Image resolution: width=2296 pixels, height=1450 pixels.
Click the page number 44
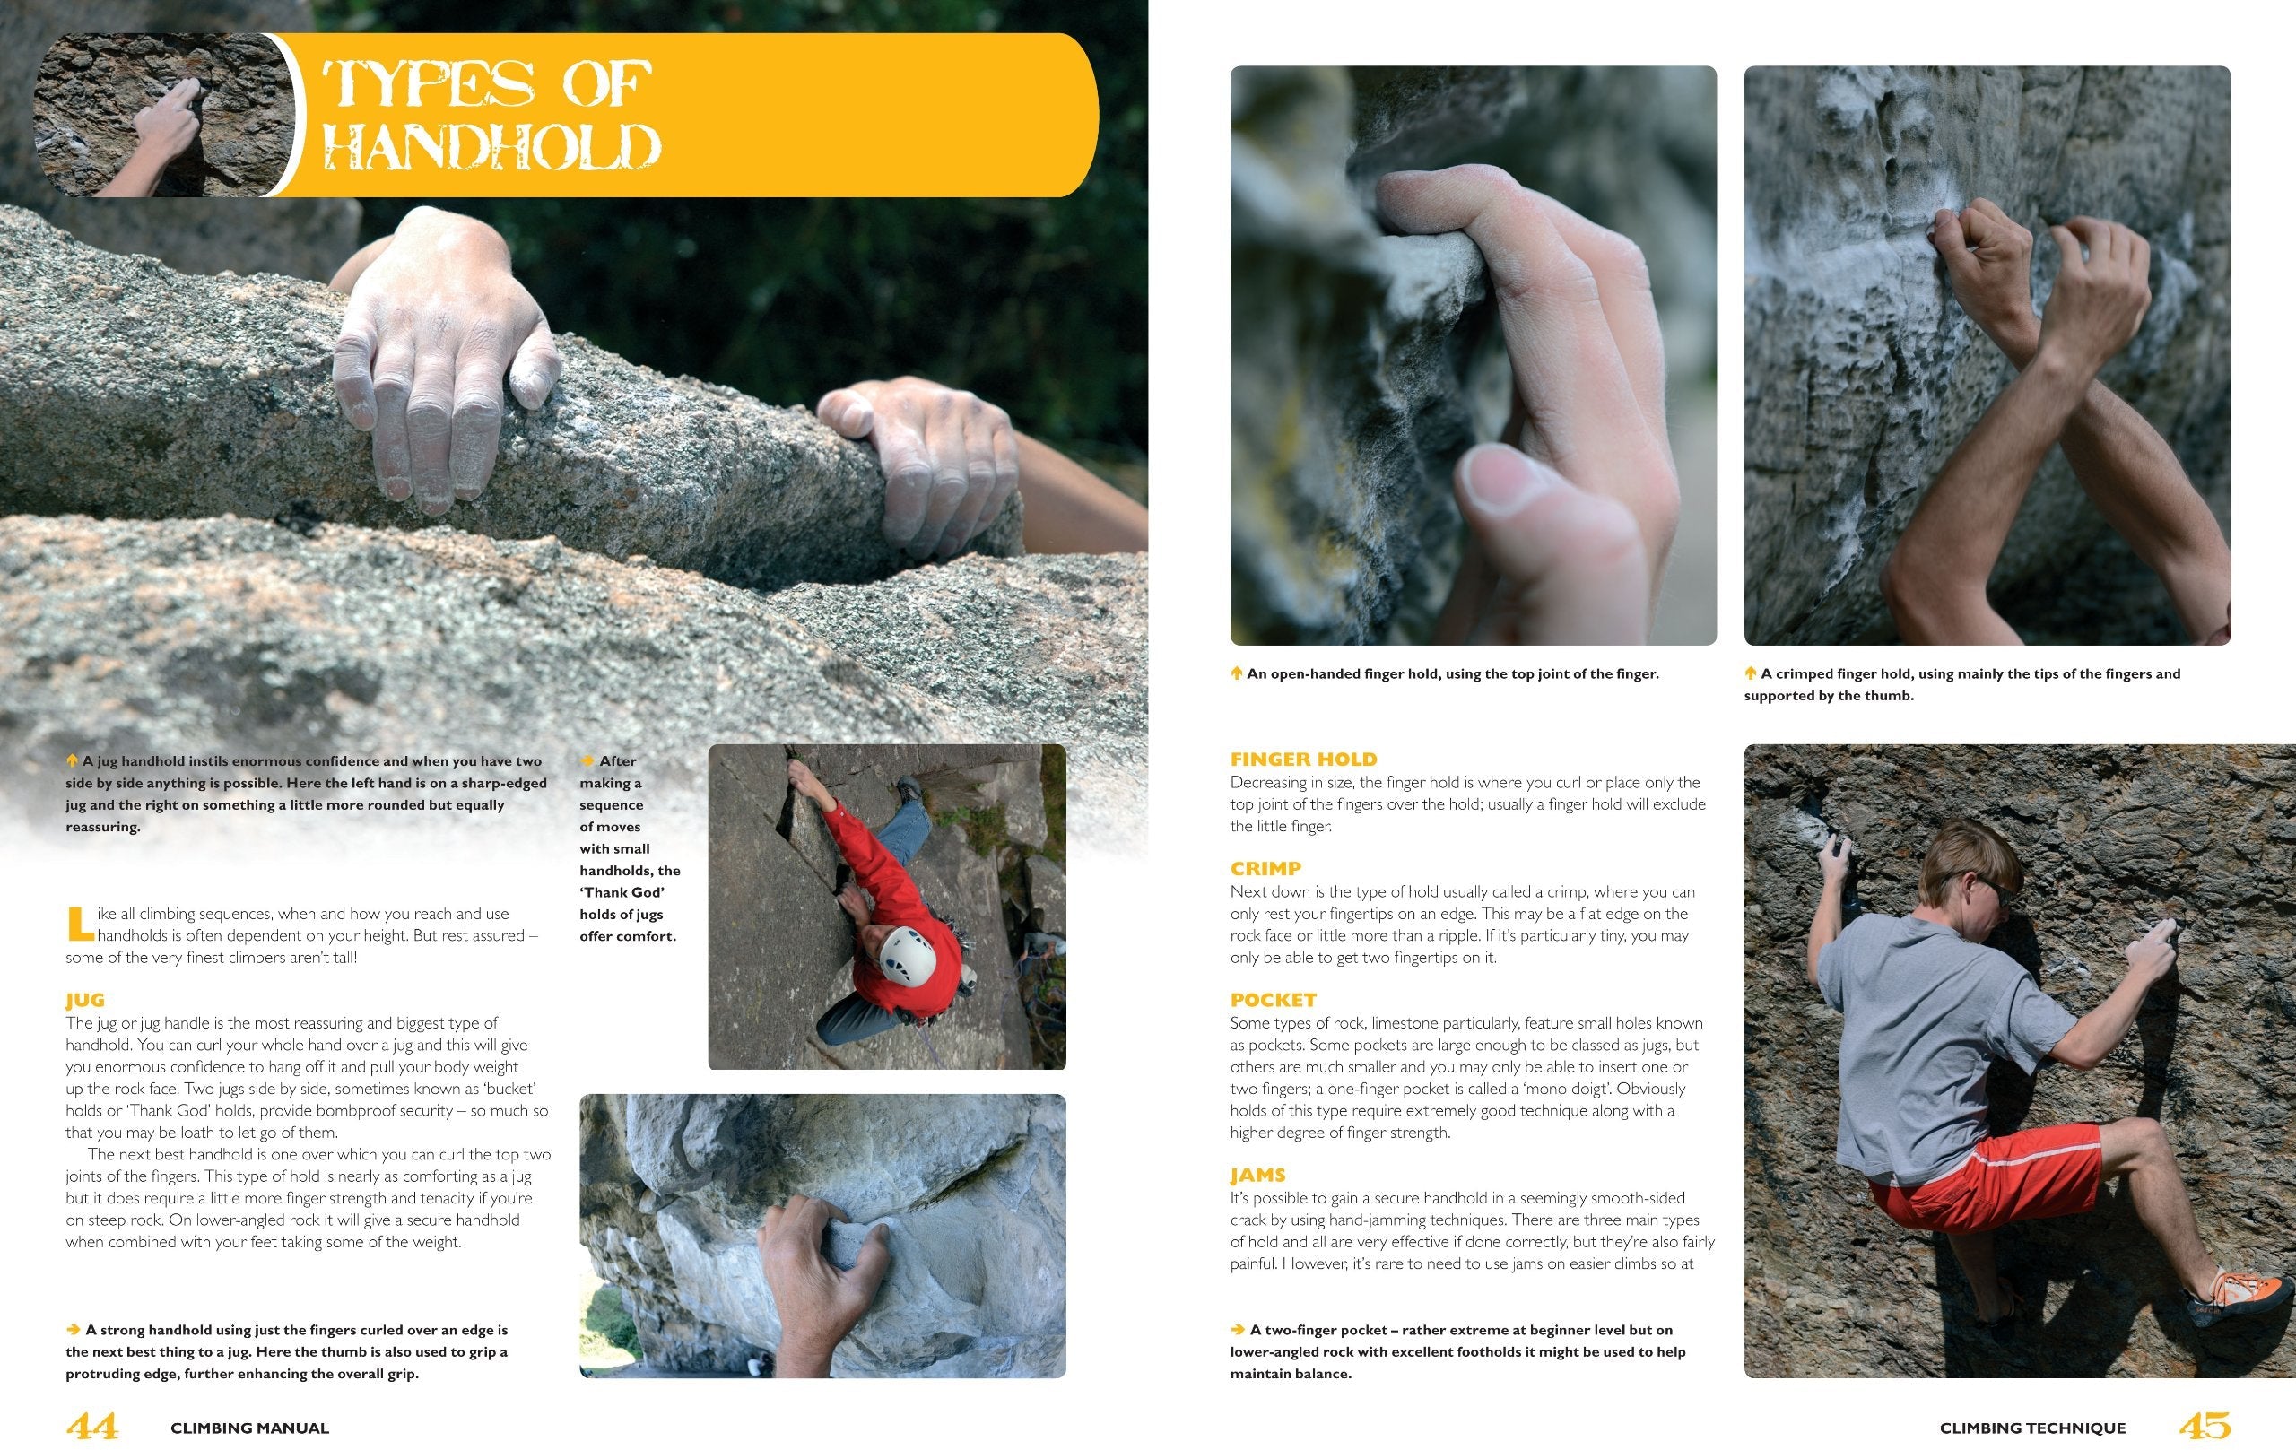click(x=92, y=1426)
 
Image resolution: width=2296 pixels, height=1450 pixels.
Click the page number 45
click(x=2205, y=1426)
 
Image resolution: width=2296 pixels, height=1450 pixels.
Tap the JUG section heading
click(x=85, y=1000)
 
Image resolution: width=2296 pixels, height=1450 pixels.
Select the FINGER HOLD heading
click(x=1303, y=759)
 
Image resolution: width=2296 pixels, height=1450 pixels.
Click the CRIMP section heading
click(x=1265, y=868)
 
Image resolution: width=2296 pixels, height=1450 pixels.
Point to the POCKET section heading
click(x=1273, y=1000)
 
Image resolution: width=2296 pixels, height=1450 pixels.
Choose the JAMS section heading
click(x=1257, y=1176)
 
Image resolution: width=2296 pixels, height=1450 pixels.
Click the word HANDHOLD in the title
click(x=492, y=148)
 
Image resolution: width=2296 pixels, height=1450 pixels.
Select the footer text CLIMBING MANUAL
click(x=250, y=1428)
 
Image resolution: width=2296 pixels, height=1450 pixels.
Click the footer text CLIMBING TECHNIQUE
click(x=2033, y=1428)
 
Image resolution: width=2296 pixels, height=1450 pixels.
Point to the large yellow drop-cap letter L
click(x=79, y=923)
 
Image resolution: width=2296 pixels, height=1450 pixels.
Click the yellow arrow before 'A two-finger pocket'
click(x=1238, y=1329)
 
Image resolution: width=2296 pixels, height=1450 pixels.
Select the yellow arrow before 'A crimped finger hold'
click(x=1751, y=673)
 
